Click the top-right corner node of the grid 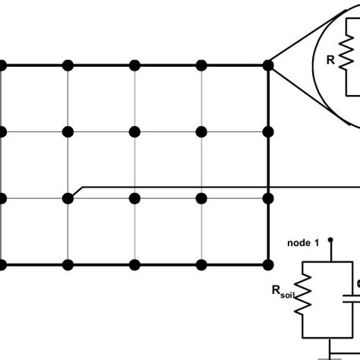(268, 65)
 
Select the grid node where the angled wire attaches (68, 197)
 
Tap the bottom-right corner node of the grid (268, 264)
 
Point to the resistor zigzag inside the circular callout (347, 58)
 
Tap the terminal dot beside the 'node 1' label (330, 243)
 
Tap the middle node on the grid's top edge (134, 65)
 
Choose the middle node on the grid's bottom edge (134, 264)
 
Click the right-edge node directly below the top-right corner (268, 131)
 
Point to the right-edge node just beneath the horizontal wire (268, 197)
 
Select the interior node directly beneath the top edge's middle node (134, 131)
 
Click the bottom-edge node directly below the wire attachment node (68, 264)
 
